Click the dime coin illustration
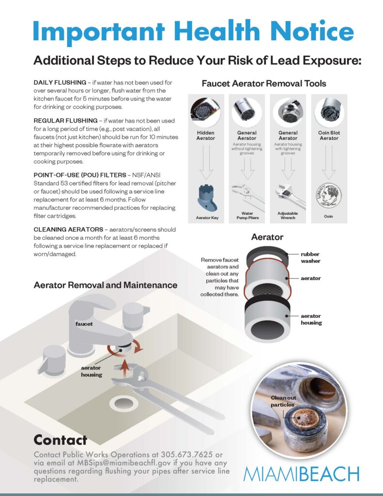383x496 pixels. (x=329, y=196)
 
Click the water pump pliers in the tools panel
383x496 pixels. (x=248, y=197)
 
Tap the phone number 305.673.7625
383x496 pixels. (x=186, y=454)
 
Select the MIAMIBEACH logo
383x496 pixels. (x=301, y=474)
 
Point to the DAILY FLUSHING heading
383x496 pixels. (x=60, y=82)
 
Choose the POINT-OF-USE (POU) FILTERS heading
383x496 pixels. (x=80, y=175)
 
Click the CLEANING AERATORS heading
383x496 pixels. (x=68, y=229)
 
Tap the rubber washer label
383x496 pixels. (x=310, y=258)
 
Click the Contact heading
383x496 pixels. (x=61, y=440)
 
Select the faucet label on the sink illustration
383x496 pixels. (x=84, y=324)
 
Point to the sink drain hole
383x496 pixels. (x=123, y=403)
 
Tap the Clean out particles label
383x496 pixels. (x=283, y=401)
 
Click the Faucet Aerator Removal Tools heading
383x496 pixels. (x=264, y=83)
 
